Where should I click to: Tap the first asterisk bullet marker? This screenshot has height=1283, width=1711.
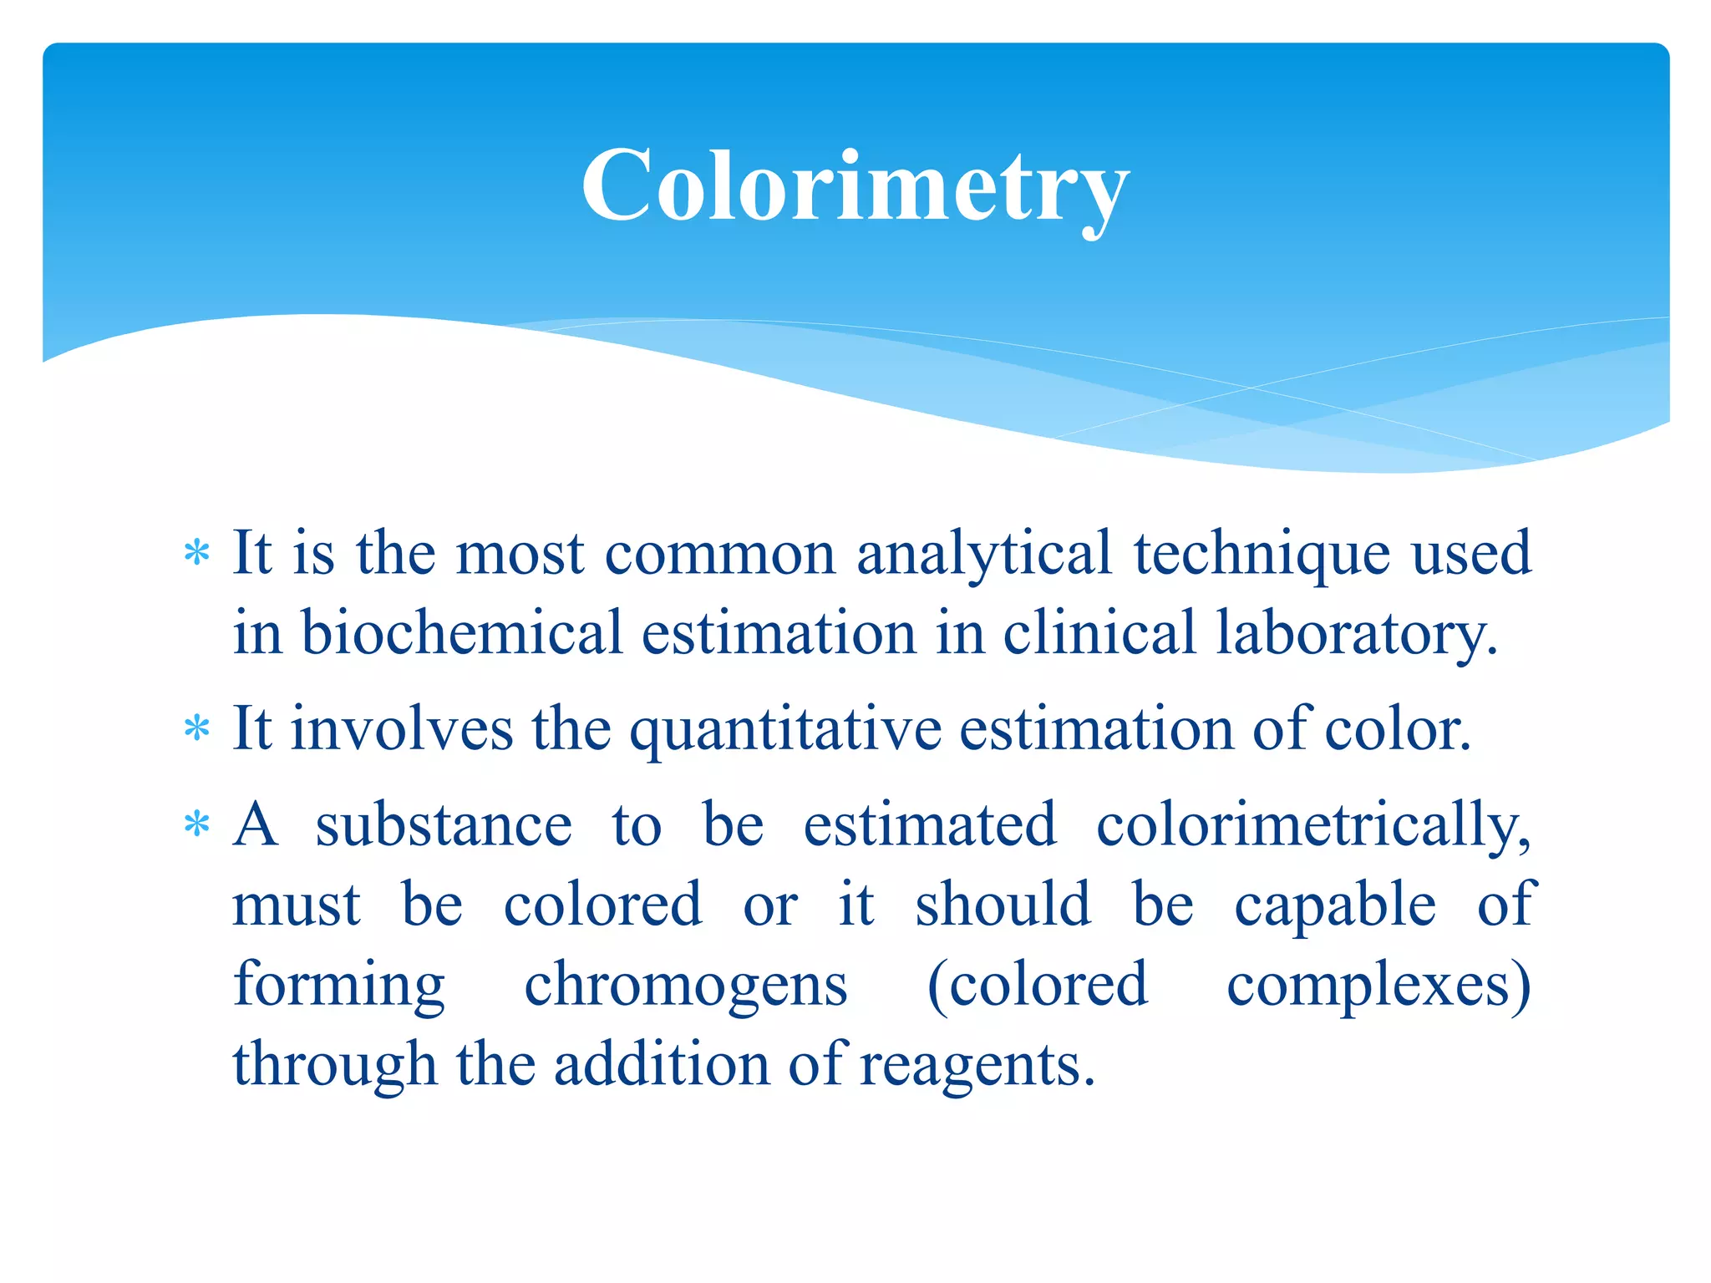coord(197,553)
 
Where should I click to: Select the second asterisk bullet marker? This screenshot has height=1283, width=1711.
coord(197,729)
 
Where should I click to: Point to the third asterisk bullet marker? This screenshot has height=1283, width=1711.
coord(197,825)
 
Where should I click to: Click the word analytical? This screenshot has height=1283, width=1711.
coord(984,555)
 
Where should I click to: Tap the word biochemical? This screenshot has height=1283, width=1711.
coord(461,632)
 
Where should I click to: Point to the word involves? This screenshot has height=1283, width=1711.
coord(401,729)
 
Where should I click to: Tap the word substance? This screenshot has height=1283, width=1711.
coord(444,825)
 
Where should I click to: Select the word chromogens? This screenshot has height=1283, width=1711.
coord(685,986)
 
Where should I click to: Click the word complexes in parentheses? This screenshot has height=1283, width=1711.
coord(1370,986)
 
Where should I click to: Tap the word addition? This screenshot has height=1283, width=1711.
coord(662,1065)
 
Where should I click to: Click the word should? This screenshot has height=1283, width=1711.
coord(1003,905)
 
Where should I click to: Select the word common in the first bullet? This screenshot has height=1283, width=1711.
coord(719,555)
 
